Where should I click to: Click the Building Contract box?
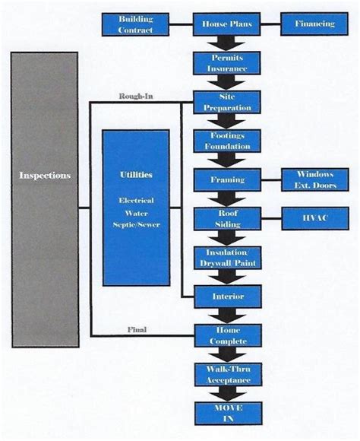tap(136, 24)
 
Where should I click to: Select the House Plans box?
tap(228, 24)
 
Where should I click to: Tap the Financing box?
tap(314, 24)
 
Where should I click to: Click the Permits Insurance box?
tap(228, 62)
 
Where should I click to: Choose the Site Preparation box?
tap(228, 102)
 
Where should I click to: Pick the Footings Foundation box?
tap(228, 141)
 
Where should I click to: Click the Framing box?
tap(228, 180)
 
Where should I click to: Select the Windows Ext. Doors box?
tap(314, 180)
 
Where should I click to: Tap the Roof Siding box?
tap(228, 219)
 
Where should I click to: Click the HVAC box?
tap(314, 219)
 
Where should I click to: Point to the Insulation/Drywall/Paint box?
tap(228, 258)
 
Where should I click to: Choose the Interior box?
tap(228, 297)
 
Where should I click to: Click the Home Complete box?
tap(228, 335)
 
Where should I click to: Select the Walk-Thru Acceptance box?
tap(228, 374)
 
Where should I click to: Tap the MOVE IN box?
tap(228, 413)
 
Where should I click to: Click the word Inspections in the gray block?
tap(45, 176)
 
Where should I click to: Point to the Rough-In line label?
tap(137, 96)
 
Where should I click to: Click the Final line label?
tap(137, 330)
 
